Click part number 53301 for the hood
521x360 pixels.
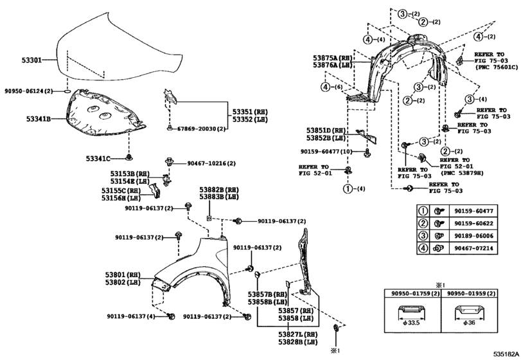pyautogui.click(x=32, y=60)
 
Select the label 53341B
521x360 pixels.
pyautogui.click(x=39, y=118)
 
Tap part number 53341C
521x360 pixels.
pyautogui.click(x=98, y=159)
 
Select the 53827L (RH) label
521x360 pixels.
pyautogui.click(x=298, y=334)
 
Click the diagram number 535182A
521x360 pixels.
pyautogui.click(x=506, y=354)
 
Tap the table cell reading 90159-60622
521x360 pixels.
pyautogui.click(x=474, y=223)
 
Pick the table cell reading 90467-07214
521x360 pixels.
pyautogui.click(x=474, y=248)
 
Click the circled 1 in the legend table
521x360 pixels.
pyautogui.click(x=423, y=211)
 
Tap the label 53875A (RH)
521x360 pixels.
pyautogui.click(x=332, y=57)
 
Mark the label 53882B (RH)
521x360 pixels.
pyautogui.click(x=219, y=190)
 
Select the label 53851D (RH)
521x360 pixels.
pyautogui.click(x=326, y=130)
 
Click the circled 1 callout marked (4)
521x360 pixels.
pyautogui.click(x=348, y=189)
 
